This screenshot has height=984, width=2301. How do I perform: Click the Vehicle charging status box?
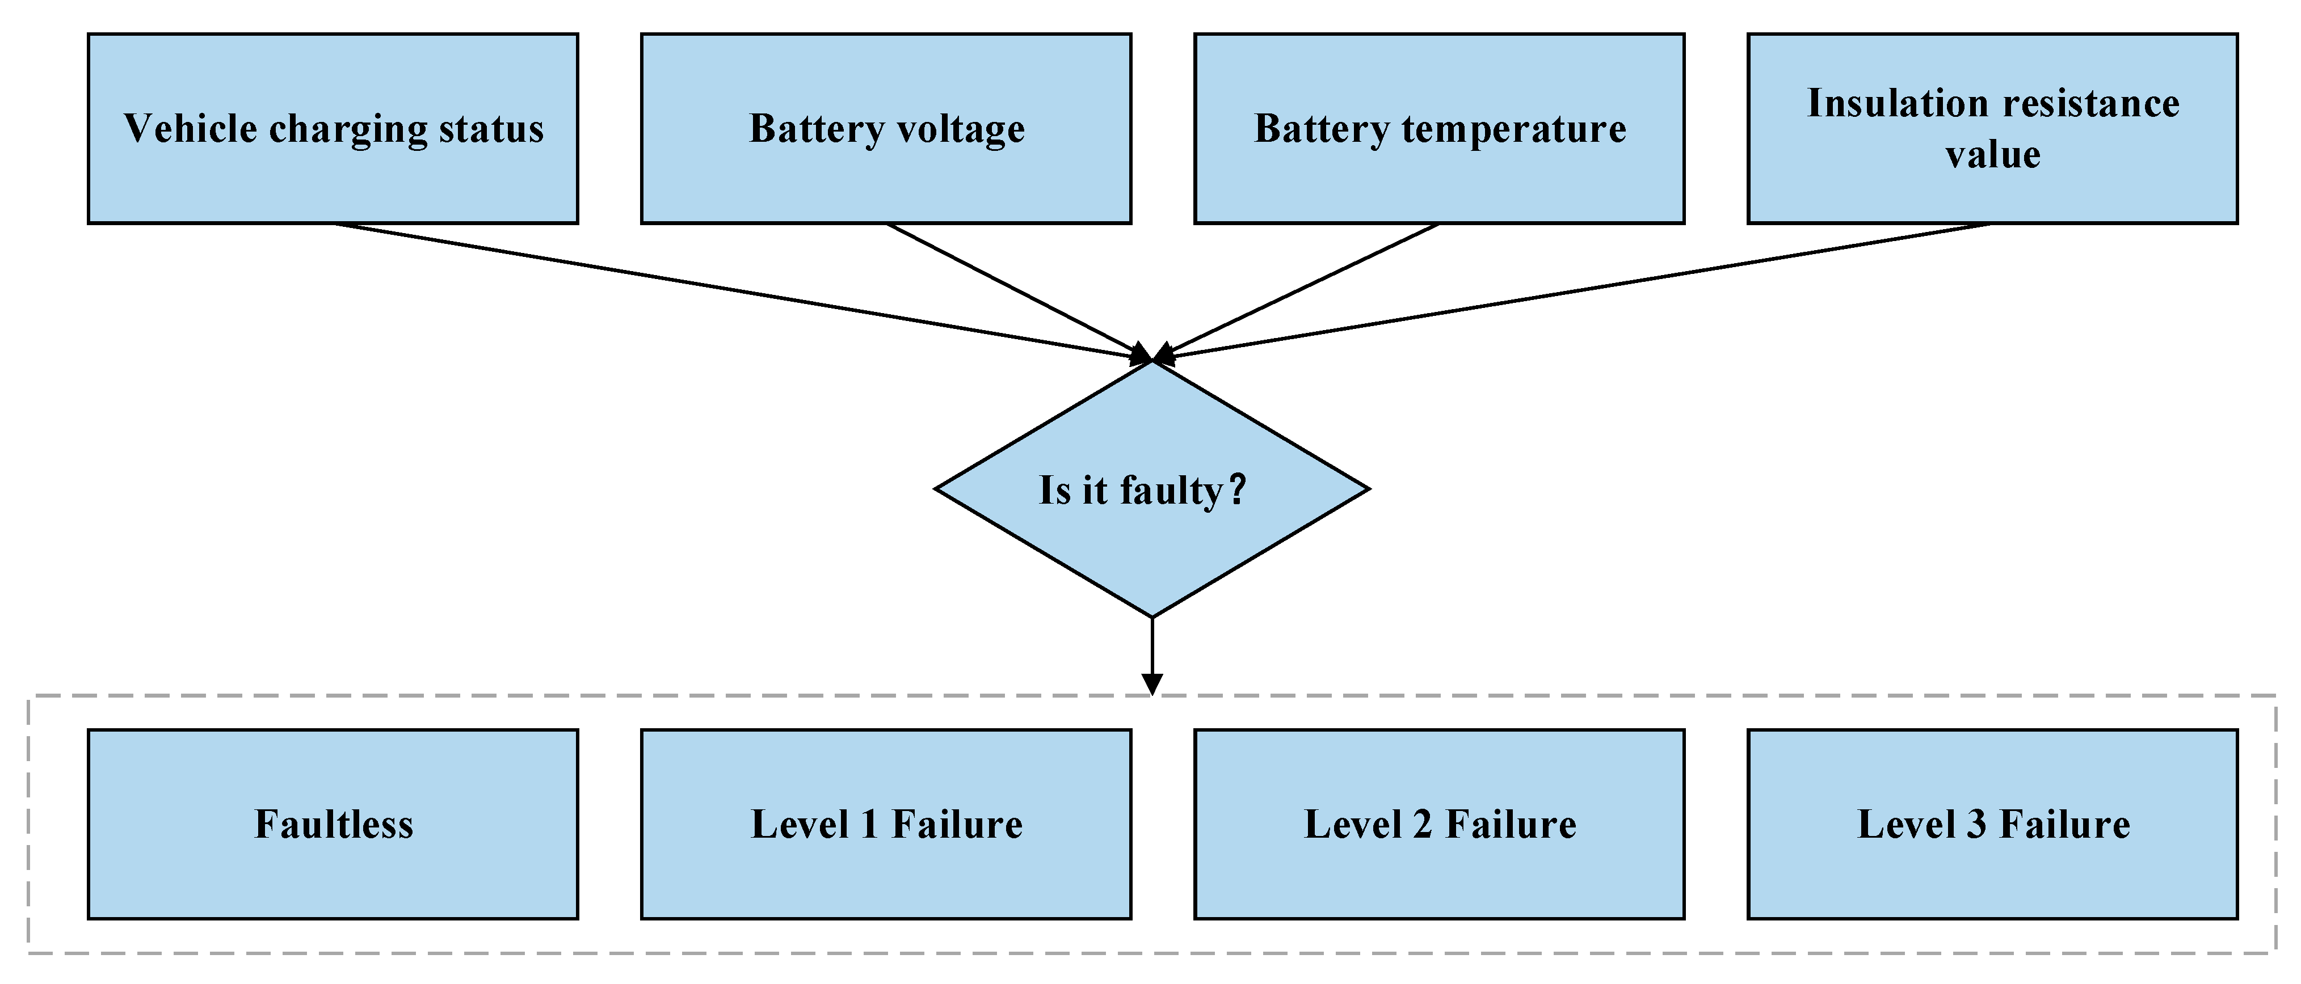click(333, 129)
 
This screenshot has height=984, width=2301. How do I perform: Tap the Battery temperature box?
click(1439, 129)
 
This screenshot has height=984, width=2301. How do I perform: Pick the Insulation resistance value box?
click(1992, 129)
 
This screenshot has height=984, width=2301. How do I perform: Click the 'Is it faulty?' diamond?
click(1151, 489)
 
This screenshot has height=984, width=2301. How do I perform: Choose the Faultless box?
click(333, 824)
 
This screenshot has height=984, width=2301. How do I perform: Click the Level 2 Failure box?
click(1439, 824)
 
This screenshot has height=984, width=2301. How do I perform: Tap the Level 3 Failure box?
click(1992, 824)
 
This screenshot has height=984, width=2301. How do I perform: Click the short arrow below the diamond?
click(1152, 656)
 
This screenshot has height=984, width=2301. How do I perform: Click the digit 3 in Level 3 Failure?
click(1977, 824)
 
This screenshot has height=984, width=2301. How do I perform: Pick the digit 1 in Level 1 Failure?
click(870, 824)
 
